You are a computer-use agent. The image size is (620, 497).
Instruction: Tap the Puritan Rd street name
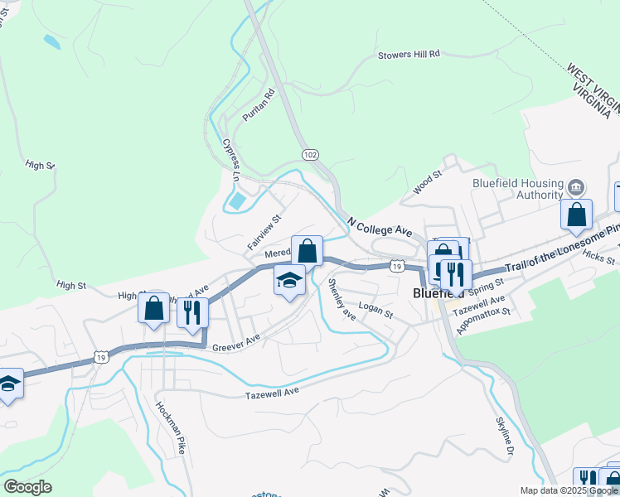pyautogui.click(x=258, y=107)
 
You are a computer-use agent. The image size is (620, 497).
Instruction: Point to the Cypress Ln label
pyautogui.click(x=230, y=160)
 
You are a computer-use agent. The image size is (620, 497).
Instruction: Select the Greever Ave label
pyautogui.click(x=236, y=341)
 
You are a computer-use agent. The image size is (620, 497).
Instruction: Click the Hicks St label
pyautogui.click(x=598, y=258)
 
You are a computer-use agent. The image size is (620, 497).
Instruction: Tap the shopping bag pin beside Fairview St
pyautogui.click(x=307, y=250)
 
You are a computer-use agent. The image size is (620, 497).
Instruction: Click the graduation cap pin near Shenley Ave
pyautogui.click(x=289, y=282)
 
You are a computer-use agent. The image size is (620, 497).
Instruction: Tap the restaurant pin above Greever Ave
pyautogui.click(x=192, y=312)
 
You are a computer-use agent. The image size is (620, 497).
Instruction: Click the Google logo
pyautogui.click(x=27, y=487)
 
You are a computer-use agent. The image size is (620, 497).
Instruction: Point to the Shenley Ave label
pyautogui.click(x=341, y=301)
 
